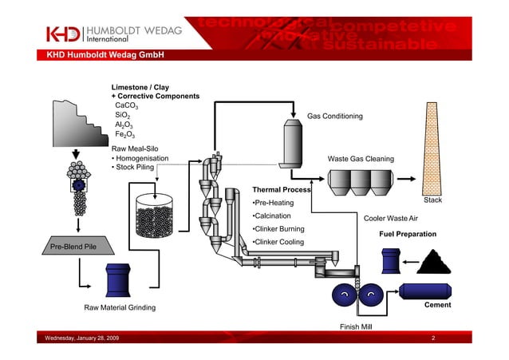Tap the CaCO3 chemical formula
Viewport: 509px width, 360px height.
(127, 105)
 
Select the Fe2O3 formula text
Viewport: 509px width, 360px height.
(126, 136)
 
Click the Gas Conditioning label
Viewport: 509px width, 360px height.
(334, 117)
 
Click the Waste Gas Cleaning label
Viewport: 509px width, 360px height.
(361, 159)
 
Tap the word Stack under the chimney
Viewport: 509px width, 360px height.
(432, 201)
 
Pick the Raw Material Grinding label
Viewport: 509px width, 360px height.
(120, 307)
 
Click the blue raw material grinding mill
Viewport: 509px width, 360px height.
(118, 280)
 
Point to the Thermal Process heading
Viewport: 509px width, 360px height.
(281, 189)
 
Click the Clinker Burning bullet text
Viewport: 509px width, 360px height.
(278, 229)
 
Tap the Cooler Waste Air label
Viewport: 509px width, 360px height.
(390, 218)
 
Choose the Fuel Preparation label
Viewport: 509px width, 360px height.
(407, 235)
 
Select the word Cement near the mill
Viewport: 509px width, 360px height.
(438, 305)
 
